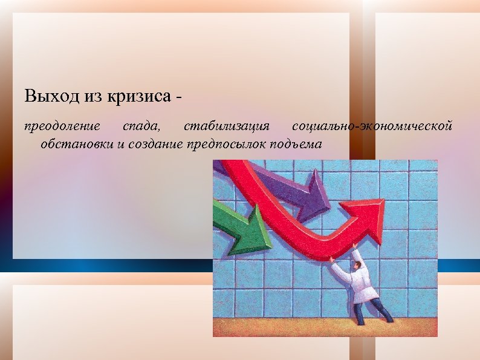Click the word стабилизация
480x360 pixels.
tap(227, 126)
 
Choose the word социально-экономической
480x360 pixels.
tap(372, 126)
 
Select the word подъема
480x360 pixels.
tap(297, 144)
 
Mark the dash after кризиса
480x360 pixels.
tap(180, 97)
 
